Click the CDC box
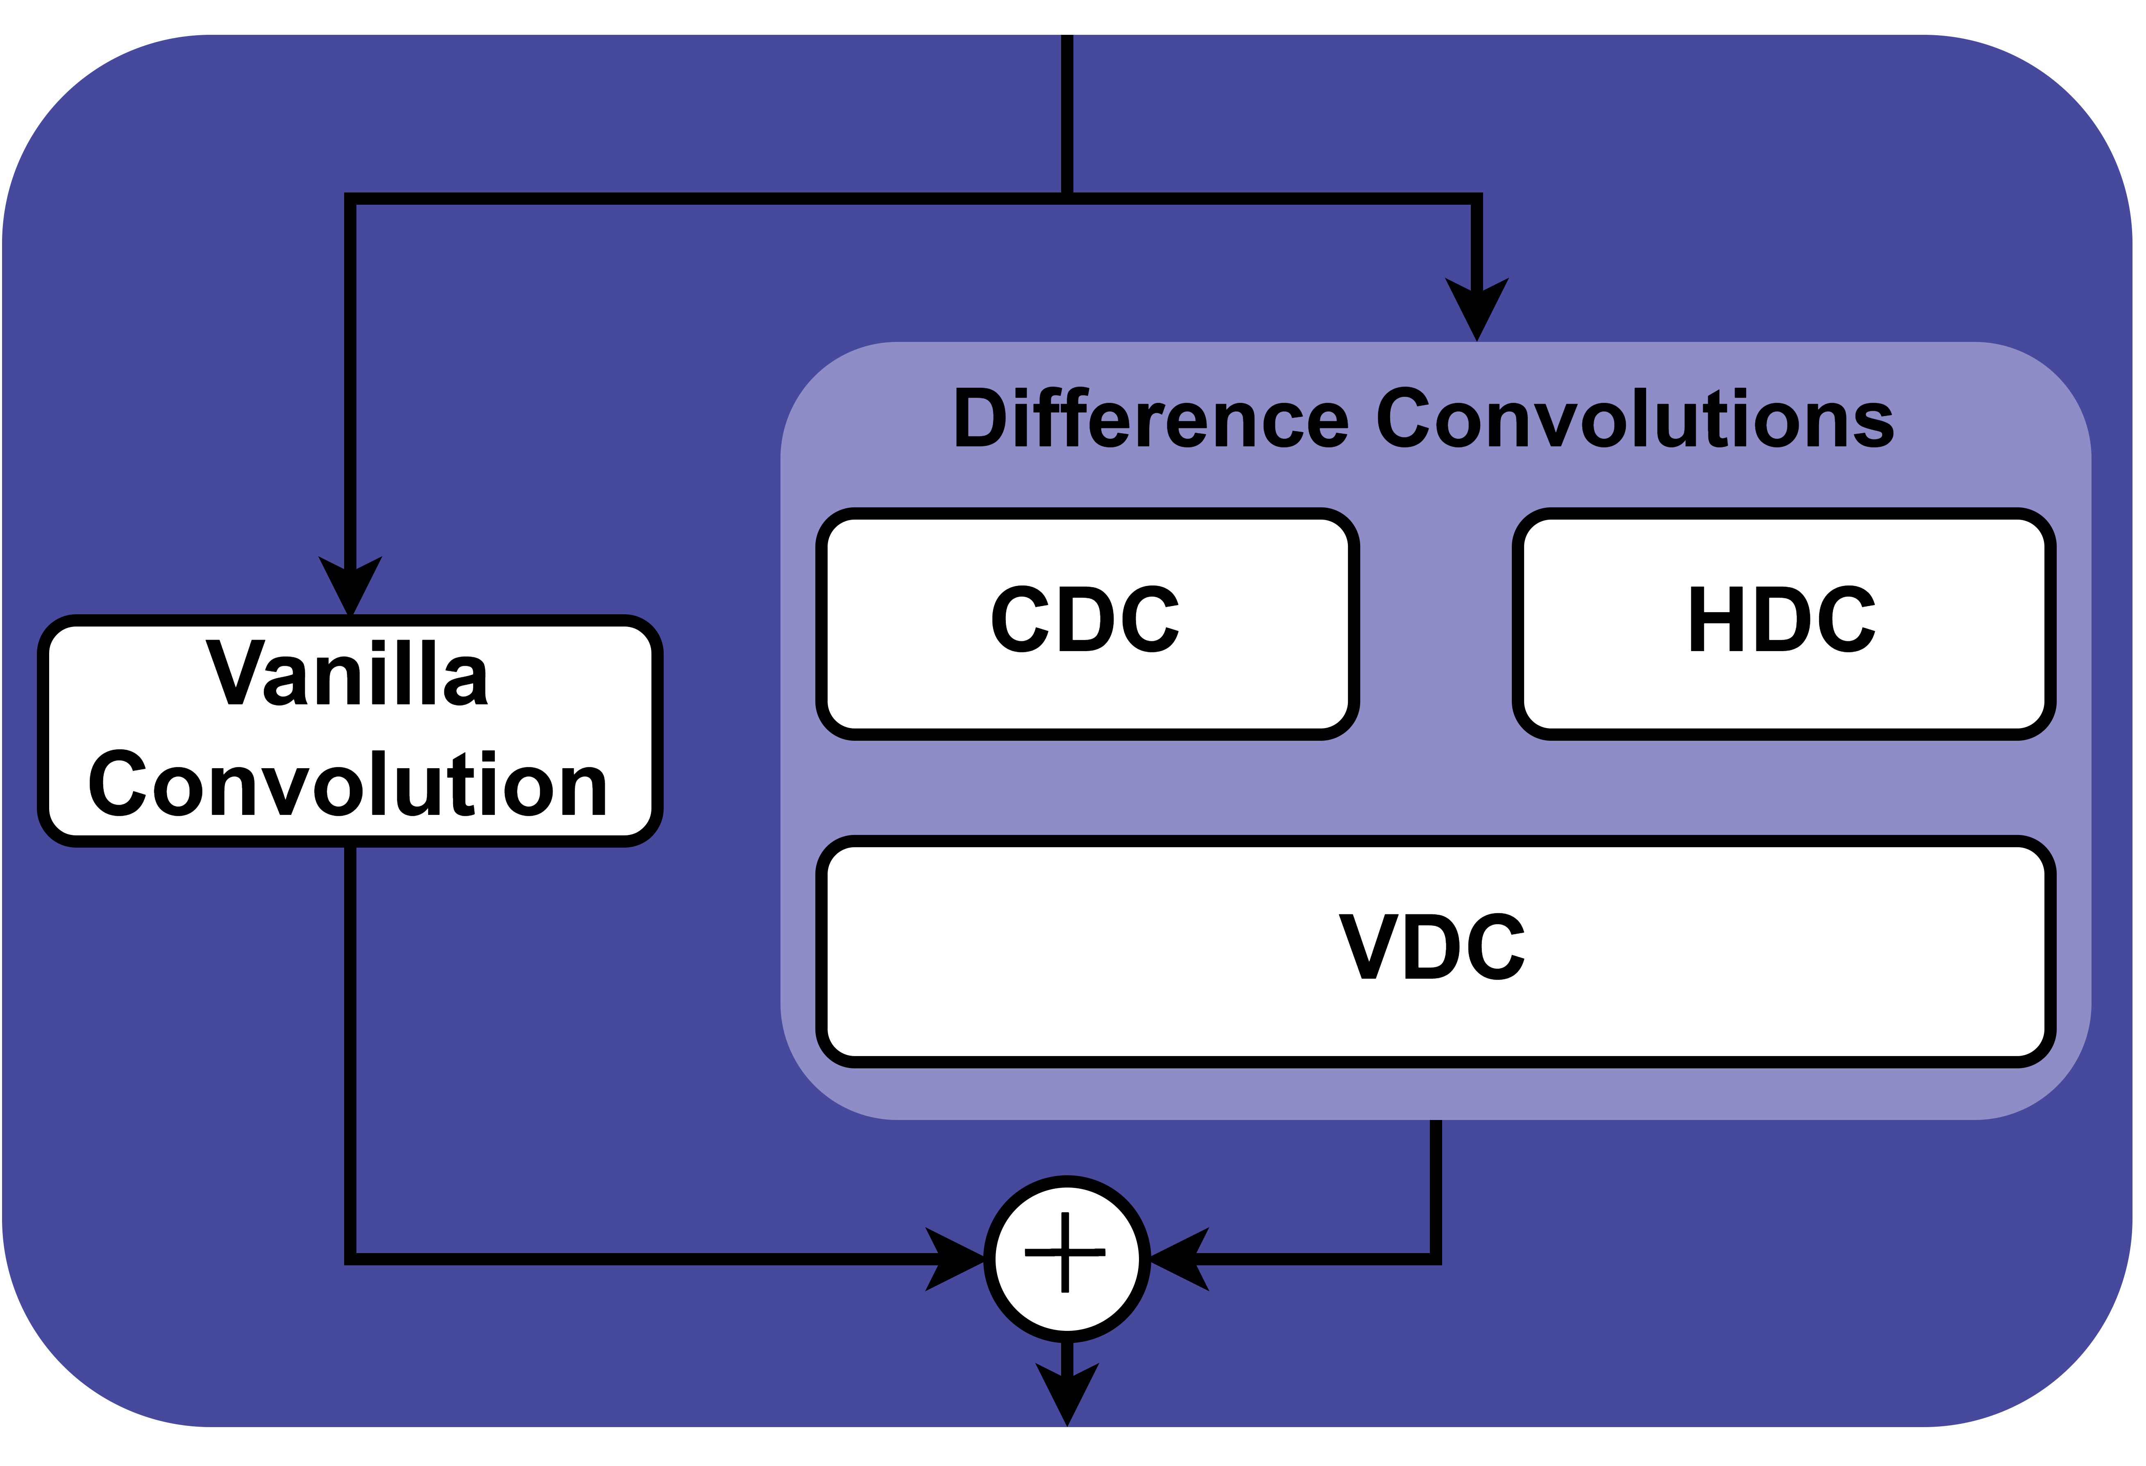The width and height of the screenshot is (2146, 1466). [x=1087, y=624]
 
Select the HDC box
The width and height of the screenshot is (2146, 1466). [x=1783, y=624]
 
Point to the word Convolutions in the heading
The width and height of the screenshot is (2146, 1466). [x=1634, y=419]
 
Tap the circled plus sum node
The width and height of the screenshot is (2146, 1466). [x=1066, y=1258]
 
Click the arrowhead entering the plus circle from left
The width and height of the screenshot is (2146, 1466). [x=956, y=1258]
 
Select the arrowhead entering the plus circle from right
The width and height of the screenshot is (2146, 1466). [x=1179, y=1258]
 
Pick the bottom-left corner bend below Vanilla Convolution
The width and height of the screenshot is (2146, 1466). [x=350, y=1258]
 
